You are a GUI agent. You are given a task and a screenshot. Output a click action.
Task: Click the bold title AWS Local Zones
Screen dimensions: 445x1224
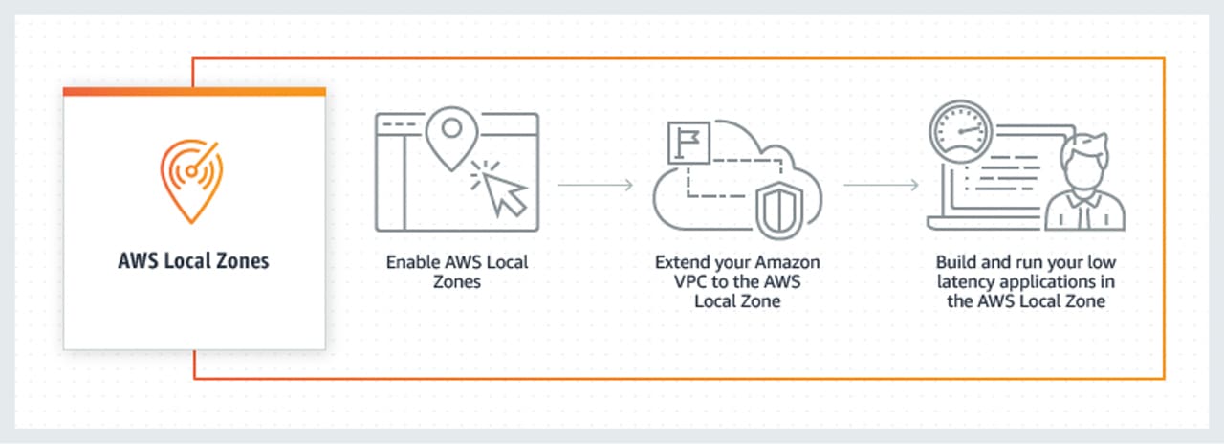tap(194, 260)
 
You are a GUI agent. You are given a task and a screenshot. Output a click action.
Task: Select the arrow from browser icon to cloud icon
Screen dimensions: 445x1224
tap(595, 184)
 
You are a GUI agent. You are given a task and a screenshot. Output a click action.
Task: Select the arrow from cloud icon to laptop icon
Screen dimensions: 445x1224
tap(882, 184)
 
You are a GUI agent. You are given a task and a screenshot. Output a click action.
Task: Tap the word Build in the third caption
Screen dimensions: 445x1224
tap(955, 261)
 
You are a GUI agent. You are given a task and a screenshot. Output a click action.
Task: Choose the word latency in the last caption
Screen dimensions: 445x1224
tap(968, 282)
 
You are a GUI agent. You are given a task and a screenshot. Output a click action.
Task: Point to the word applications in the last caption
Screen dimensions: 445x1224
tap(1050, 282)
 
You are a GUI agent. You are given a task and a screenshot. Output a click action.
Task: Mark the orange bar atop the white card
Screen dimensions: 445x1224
tap(194, 92)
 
